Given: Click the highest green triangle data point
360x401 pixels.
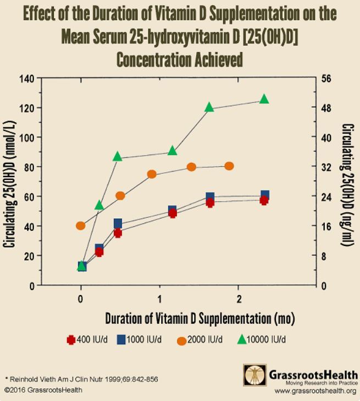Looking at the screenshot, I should (264, 99).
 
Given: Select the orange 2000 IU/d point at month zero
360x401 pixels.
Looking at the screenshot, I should (81, 226).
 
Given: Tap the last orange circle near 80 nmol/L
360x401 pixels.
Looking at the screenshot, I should (229, 166).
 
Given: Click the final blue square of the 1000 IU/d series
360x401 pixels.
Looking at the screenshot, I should (265, 195).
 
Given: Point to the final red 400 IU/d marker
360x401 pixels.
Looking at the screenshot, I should (264, 200).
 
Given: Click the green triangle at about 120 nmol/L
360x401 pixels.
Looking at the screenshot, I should (209, 107).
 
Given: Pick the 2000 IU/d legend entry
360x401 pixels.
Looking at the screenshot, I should (200, 340).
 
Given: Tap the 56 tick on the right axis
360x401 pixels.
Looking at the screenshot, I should (326, 78).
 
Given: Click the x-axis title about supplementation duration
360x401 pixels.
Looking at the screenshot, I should (200, 318).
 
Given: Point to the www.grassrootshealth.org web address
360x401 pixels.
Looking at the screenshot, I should (315, 391).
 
